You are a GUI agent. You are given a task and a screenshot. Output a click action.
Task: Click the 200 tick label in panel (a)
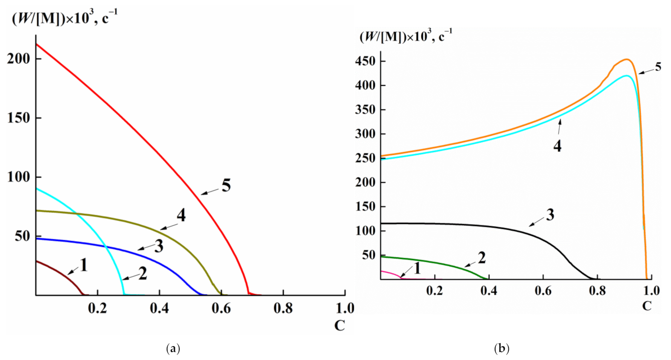[18, 59]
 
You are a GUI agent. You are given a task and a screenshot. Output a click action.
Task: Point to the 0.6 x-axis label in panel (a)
[221, 308]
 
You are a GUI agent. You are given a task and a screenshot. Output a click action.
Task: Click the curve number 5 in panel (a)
[226, 186]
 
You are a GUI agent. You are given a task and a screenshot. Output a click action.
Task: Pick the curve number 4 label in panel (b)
[557, 146]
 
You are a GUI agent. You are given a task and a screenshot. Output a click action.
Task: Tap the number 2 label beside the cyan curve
[143, 274]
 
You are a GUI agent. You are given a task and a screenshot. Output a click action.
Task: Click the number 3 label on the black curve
[550, 215]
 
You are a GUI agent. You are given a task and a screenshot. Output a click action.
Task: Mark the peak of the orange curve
[627, 59]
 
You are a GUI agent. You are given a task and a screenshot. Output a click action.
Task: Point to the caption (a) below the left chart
[173, 349]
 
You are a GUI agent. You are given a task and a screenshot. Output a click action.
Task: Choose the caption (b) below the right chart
[502, 349]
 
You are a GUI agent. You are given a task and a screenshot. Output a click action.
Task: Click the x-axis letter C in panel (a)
[339, 326]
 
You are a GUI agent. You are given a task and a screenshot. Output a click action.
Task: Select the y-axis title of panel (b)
[406, 37]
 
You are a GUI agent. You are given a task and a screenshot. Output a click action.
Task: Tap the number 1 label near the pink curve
[417, 268]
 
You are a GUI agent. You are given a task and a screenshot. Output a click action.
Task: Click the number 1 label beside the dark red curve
[84, 265]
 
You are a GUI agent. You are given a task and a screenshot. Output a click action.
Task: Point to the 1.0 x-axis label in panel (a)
[345, 308]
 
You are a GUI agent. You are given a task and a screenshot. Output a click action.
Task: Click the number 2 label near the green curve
[482, 258]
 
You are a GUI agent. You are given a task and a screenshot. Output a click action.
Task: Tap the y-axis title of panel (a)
[65, 18]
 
